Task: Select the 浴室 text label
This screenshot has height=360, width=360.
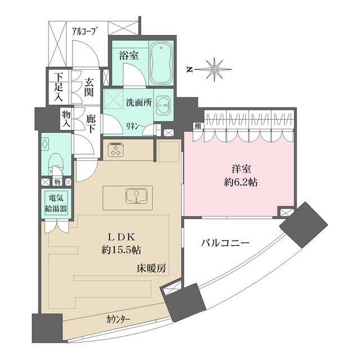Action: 129,55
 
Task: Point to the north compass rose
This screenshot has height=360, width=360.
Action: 213,70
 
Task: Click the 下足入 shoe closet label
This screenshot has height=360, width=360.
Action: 58,86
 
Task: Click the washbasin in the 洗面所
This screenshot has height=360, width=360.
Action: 164,105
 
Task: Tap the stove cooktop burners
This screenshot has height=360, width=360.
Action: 115,150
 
